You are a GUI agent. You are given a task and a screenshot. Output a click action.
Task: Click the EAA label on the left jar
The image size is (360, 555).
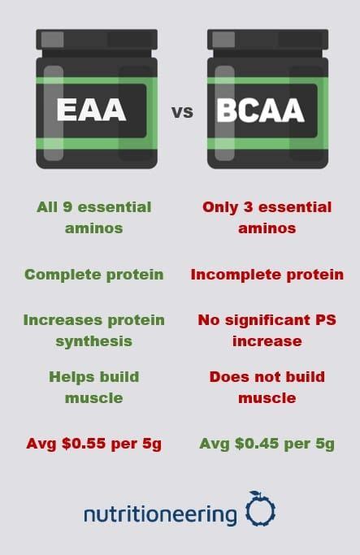coord(92,110)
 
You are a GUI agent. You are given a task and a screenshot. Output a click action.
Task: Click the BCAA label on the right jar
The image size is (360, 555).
coord(260,110)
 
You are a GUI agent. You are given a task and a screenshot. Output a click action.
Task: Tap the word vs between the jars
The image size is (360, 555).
coord(182,111)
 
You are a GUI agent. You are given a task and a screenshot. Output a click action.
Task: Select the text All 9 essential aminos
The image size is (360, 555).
coord(93,217)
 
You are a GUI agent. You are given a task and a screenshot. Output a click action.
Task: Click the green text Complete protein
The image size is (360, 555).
coord(93,274)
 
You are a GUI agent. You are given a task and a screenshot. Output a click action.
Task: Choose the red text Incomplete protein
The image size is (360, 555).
coord(267,274)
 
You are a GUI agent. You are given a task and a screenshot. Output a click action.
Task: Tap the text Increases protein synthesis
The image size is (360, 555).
coord(93,330)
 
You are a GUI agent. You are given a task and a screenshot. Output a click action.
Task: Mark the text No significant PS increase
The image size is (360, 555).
coord(267,330)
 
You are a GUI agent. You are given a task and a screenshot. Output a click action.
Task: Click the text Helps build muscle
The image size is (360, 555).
coord(93,387)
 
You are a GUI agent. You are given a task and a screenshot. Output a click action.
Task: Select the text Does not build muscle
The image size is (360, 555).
coord(267,387)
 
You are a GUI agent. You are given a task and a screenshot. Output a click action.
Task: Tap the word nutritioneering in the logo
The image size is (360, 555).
coord(160,514)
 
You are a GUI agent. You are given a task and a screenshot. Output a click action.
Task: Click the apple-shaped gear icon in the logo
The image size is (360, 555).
coord(260,510)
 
